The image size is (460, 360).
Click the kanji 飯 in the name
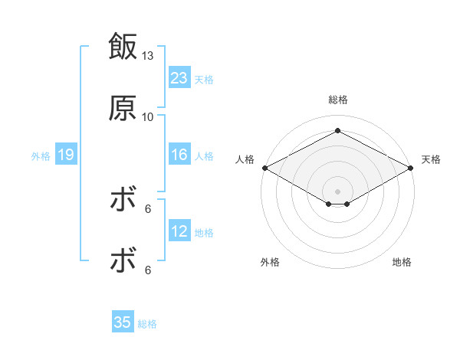point(123,47)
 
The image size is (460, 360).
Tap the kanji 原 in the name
point(123,109)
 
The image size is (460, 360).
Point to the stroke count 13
point(148,56)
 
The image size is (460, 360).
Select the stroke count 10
point(148,116)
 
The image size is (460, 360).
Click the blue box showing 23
point(179,78)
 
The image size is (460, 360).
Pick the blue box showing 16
point(179,155)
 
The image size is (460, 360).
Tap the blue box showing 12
point(179,232)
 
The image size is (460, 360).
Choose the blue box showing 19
point(65,155)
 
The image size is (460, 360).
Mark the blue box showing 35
point(123,322)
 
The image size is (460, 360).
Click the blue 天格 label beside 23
point(204,79)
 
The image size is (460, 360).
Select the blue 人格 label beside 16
point(204,156)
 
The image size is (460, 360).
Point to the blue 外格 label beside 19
point(41,156)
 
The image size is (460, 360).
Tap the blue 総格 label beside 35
point(147,323)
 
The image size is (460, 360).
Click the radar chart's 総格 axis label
point(337,100)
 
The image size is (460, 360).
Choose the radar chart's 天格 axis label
point(431,159)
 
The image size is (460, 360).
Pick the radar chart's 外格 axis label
point(270,262)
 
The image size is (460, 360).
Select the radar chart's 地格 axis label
point(402,262)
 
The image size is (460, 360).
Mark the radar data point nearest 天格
point(412,168)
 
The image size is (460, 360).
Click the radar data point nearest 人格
point(264,168)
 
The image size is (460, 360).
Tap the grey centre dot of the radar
point(337,190)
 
